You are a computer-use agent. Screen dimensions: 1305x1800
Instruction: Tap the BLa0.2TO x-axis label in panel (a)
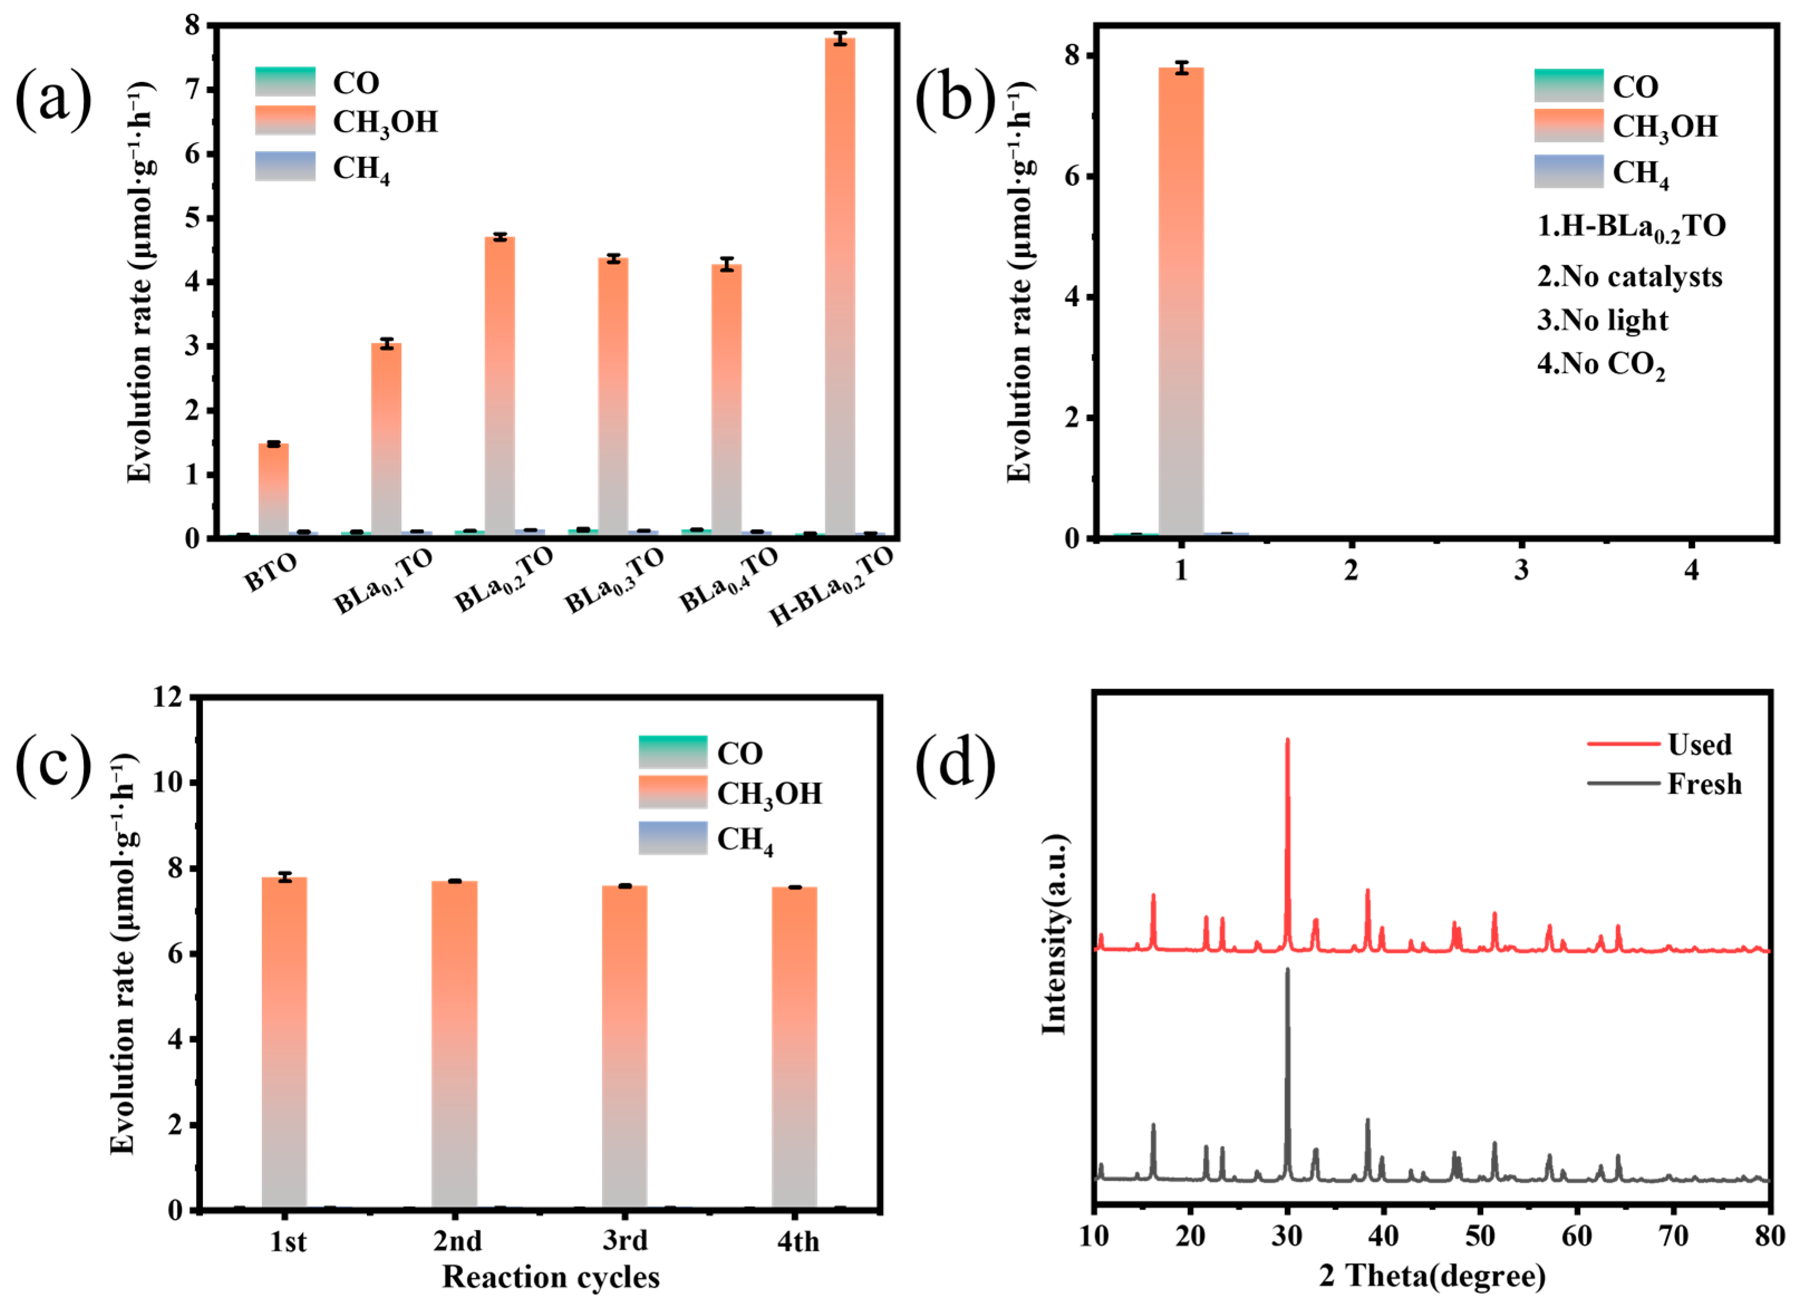tap(503, 581)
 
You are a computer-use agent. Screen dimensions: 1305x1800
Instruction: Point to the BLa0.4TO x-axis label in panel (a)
tap(729, 581)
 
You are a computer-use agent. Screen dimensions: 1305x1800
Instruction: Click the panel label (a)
tap(53, 99)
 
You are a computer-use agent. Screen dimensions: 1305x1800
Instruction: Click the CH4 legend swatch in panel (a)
tap(285, 167)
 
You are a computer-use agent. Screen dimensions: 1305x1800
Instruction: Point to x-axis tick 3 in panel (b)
tap(1521, 570)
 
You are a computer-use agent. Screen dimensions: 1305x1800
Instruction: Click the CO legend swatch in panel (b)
tap(1568, 86)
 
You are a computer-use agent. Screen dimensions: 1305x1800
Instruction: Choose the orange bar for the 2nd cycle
tap(454, 1045)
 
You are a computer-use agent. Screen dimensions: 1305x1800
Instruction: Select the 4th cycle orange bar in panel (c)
tap(794, 1048)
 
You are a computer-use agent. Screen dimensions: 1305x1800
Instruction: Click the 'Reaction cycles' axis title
tap(551, 1277)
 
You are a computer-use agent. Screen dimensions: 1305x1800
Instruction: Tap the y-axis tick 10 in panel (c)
tap(172, 782)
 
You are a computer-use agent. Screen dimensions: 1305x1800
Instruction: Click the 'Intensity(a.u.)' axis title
tap(1054, 935)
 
